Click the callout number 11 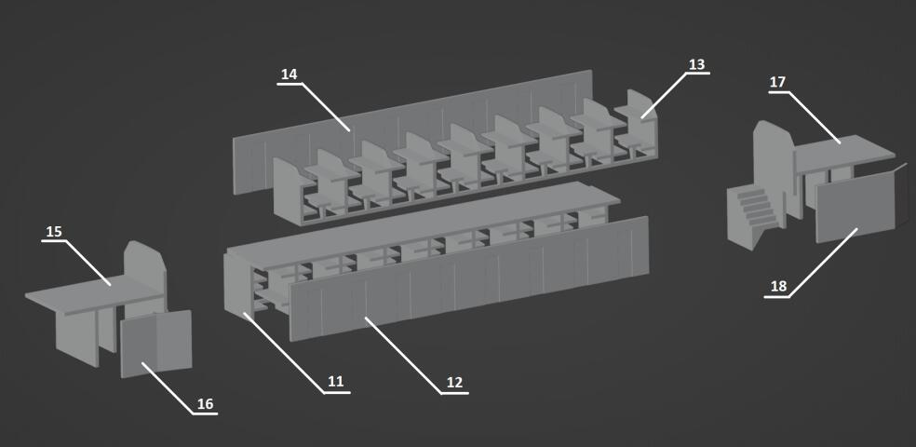tap(335, 382)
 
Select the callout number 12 tap(454, 382)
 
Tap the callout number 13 tap(696, 64)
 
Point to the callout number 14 tap(290, 74)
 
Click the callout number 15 tap(54, 231)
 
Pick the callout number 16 tap(205, 404)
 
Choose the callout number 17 tap(777, 82)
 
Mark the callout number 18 tap(779, 286)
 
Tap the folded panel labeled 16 tap(156, 345)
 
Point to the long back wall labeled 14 tap(412, 132)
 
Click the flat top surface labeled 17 tap(844, 152)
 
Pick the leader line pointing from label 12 tap(403, 355)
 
